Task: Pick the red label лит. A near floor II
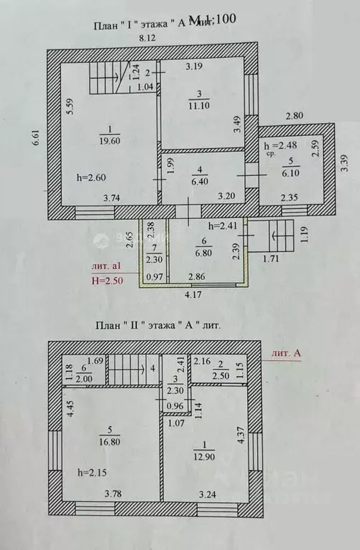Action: click(287, 353)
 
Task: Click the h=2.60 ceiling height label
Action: click(91, 177)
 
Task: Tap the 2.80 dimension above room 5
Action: click(296, 115)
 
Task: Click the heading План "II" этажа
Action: click(157, 325)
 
